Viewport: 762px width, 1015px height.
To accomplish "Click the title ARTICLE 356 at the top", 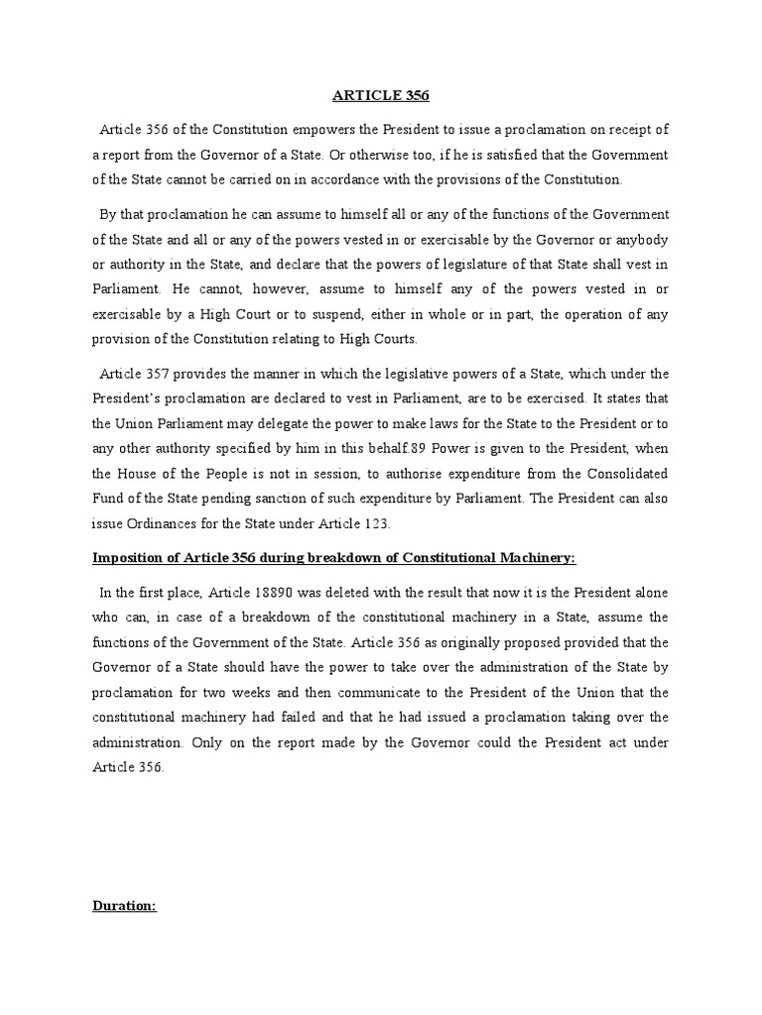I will (380, 96).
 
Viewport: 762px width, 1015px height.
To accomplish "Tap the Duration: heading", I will (124, 905).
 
